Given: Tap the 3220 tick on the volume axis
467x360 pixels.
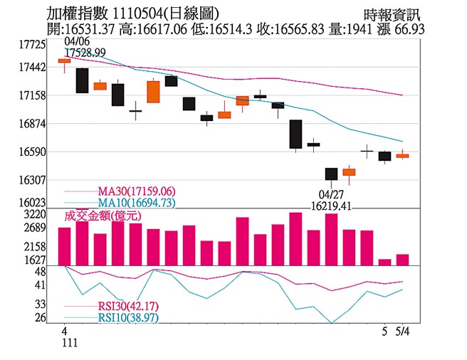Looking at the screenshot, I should click(35, 213).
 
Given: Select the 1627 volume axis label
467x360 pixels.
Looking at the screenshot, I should click(35, 260).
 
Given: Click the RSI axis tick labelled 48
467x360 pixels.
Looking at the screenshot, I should click(40, 272).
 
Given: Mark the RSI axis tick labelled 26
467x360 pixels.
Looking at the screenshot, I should click(40, 318).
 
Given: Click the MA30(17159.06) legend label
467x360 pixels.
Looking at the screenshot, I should click(136, 192).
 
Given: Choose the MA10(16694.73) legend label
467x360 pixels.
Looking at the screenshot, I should click(136, 203).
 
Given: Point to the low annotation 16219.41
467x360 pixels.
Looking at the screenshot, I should click(332, 206).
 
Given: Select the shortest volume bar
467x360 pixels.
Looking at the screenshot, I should click(384, 262).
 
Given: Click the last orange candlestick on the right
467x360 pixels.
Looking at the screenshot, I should click(402, 155).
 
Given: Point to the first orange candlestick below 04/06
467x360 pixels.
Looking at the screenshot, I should click(64, 61).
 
